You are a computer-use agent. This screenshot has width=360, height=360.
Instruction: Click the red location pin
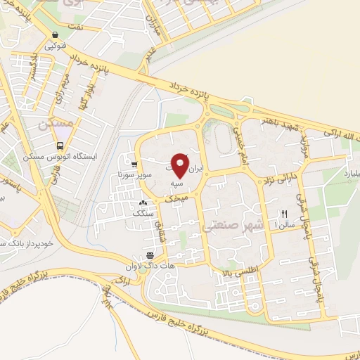(x=181, y=166)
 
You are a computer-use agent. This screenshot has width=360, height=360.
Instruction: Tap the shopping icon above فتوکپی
(x=55, y=35)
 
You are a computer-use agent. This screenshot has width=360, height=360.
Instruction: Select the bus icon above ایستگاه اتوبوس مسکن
(x=60, y=147)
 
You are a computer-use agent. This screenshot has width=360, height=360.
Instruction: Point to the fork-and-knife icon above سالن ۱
(x=285, y=214)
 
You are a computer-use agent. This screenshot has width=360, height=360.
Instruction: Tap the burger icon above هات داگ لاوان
(x=149, y=255)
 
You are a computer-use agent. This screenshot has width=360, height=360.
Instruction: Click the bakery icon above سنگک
(x=143, y=203)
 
